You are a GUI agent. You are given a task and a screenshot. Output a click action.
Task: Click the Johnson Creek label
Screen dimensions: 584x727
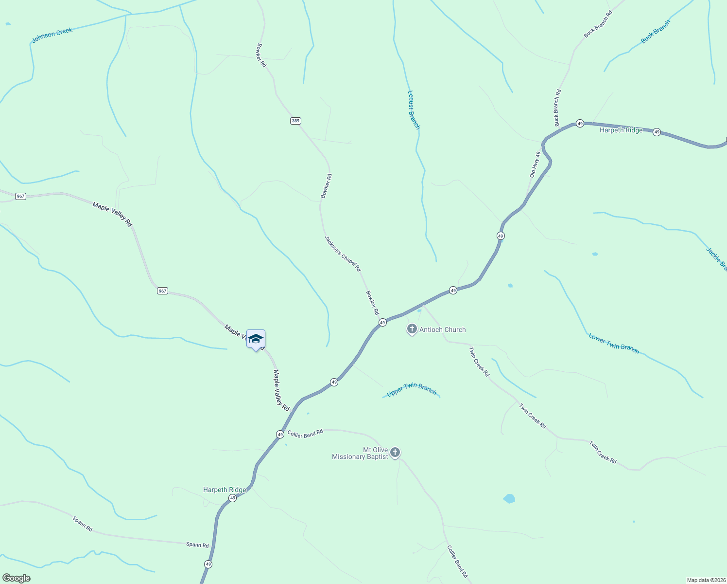tap(52, 35)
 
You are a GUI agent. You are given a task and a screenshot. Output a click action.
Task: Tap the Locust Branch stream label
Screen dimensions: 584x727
tap(413, 110)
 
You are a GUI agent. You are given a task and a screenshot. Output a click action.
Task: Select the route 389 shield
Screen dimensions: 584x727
tap(295, 121)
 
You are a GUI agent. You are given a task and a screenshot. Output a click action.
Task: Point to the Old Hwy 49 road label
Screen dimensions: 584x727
tap(535, 164)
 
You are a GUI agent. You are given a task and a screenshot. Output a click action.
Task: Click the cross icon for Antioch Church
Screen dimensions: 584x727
tap(412, 329)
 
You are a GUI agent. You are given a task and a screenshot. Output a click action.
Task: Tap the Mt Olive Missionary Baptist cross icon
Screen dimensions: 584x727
tap(395, 453)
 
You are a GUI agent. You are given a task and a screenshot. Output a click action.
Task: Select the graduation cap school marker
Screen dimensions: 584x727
tap(256, 339)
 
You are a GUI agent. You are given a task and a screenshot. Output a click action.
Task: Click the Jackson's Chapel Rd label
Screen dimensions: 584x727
tap(343, 254)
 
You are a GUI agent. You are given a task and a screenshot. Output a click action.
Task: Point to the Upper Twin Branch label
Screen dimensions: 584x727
tap(412, 389)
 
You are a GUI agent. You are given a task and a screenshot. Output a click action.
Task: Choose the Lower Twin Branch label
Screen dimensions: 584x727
tap(613, 343)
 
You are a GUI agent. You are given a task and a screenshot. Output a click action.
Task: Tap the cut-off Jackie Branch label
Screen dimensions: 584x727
tap(716, 259)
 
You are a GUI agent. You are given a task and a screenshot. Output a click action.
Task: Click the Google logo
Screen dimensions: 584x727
tap(17, 578)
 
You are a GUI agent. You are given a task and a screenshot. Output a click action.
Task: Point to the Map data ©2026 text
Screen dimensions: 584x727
tap(706, 580)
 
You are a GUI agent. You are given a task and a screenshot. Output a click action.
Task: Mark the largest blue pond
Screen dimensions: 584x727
tap(509, 499)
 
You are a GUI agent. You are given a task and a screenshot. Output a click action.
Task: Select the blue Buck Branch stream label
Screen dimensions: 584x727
tap(655, 32)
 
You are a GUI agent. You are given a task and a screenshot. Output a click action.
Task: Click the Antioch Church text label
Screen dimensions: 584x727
tap(442, 329)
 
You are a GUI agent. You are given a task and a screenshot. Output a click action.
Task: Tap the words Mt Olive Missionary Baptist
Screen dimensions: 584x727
tap(360, 453)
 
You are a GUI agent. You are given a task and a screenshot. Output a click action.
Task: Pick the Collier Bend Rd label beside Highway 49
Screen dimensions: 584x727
tap(305, 433)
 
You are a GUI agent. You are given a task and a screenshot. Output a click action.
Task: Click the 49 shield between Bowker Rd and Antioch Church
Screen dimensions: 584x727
tap(382, 323)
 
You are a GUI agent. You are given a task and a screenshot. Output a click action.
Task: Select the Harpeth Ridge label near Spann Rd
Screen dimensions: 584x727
tap(225, 490)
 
